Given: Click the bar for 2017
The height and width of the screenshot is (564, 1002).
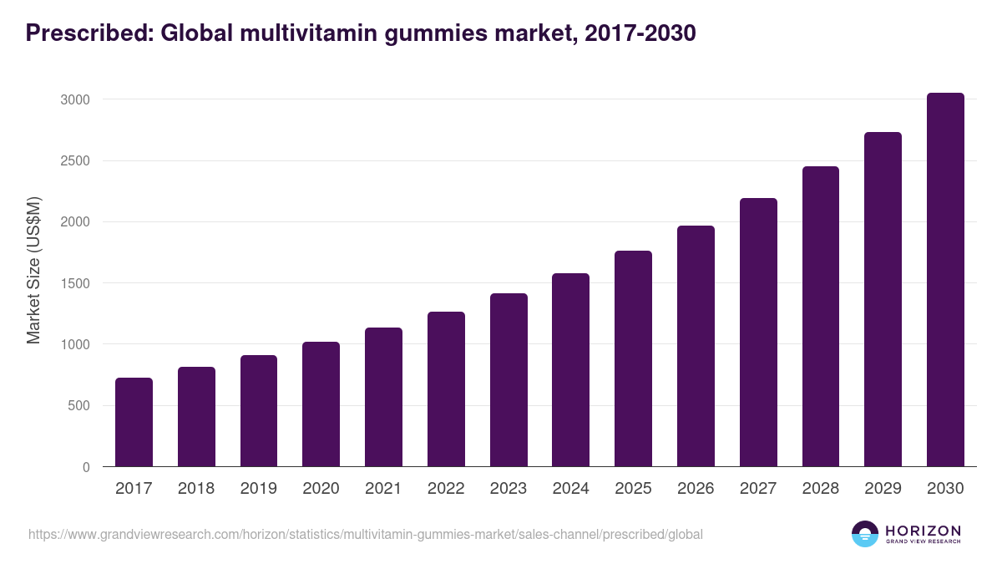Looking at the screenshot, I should pos(134,422).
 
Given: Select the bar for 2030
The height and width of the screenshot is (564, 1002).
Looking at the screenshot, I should pos(945,280).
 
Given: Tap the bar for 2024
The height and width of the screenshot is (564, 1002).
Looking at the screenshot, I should pos(570,370).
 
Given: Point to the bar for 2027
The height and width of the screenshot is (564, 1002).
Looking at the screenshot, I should pos(758,333).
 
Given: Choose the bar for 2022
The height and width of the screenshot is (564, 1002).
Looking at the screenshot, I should pos(446,389).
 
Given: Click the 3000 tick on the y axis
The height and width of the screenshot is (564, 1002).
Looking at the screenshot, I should pos(74,99).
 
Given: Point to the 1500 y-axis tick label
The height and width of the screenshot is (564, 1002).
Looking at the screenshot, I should pos(74,283).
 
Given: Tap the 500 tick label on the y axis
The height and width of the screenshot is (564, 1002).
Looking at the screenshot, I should pos(78,406).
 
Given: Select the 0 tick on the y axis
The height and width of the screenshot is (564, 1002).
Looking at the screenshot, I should pos(86,467).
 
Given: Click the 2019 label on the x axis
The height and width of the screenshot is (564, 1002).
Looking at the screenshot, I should pos(259,489).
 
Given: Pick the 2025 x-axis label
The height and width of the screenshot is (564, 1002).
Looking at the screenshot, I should pos(633,489).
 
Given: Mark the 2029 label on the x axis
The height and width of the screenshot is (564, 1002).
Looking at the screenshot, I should pos(883,489).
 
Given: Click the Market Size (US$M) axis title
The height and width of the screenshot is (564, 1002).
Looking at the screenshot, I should pos(33,270).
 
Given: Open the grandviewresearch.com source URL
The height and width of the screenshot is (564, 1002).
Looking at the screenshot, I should pos(366,534).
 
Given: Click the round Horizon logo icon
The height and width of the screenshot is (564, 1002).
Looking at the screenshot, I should pos(865,534).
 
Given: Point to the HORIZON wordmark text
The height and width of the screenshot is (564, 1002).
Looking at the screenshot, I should pos(923,530).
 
